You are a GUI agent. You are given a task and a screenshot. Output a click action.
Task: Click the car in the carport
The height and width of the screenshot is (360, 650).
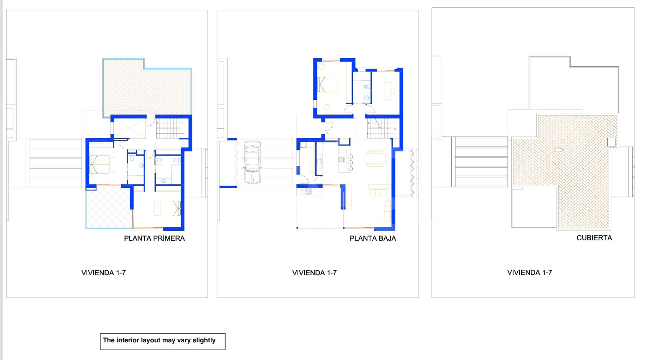[253, 162]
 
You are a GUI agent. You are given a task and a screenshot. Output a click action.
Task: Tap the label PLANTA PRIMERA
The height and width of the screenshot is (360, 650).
[154, 238]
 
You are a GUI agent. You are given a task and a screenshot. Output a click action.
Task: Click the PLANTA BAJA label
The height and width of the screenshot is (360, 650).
[373, 238]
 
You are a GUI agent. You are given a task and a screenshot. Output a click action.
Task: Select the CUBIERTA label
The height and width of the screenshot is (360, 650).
[594, 238]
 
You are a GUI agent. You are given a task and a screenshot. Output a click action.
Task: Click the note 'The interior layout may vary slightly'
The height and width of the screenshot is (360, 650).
[159, 340]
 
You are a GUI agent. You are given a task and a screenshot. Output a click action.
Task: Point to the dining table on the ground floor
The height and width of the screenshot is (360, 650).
[375, 159]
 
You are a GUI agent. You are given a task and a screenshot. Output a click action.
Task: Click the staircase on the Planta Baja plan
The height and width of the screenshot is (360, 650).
[381, 128]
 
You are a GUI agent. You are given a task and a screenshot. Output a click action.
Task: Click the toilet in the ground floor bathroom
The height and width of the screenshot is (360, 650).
[367, 87]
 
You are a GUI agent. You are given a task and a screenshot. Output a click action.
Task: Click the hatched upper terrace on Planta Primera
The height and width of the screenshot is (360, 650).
[147, 90]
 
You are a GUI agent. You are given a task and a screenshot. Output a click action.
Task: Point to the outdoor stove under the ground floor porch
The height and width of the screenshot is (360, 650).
[306, 192]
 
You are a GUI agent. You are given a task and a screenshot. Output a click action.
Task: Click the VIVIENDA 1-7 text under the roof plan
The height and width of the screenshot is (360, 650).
[529, 273]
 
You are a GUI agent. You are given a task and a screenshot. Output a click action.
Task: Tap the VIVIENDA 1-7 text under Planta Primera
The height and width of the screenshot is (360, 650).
[103, 273]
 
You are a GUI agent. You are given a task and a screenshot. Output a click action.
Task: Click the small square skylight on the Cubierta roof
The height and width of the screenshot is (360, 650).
[611, 142]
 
